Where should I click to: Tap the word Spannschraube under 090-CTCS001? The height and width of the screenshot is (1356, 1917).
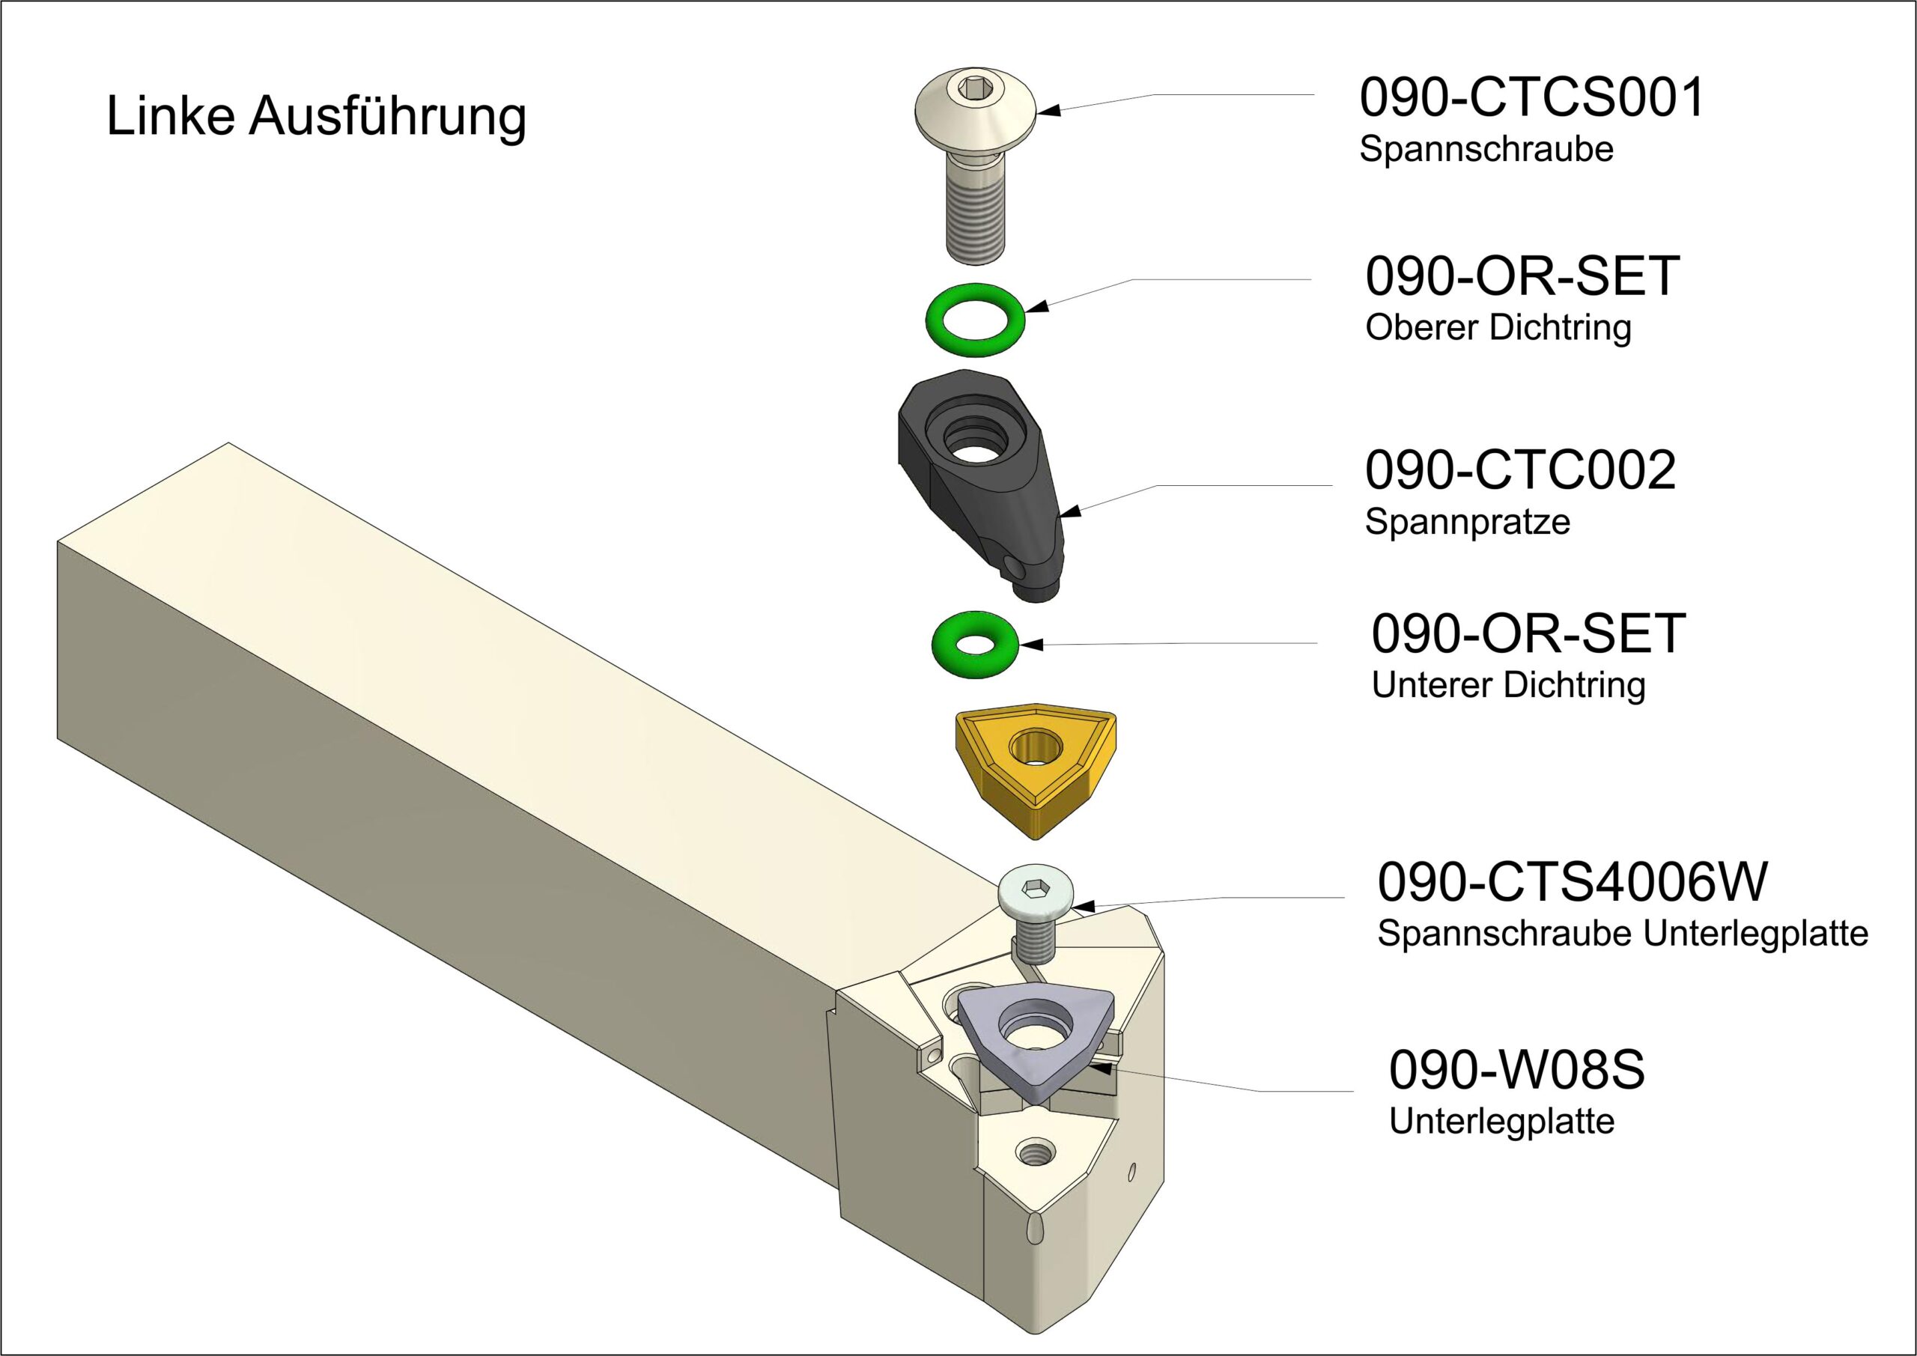click(x=1486, y=150)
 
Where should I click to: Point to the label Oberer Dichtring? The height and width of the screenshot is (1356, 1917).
click(x=1498, y=327)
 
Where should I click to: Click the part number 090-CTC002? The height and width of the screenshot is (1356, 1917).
click(x=1519, y=470)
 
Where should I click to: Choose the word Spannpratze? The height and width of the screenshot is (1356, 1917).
click(x=1467, y=522)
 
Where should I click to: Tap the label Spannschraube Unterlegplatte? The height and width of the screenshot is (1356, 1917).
click(x=1622, y=934)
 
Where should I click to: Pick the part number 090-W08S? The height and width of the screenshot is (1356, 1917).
click(x=1516, y=1070)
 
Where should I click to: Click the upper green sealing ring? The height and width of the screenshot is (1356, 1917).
click(x=975, y=320)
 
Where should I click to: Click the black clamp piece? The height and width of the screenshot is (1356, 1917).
click(x=985, y=484)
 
